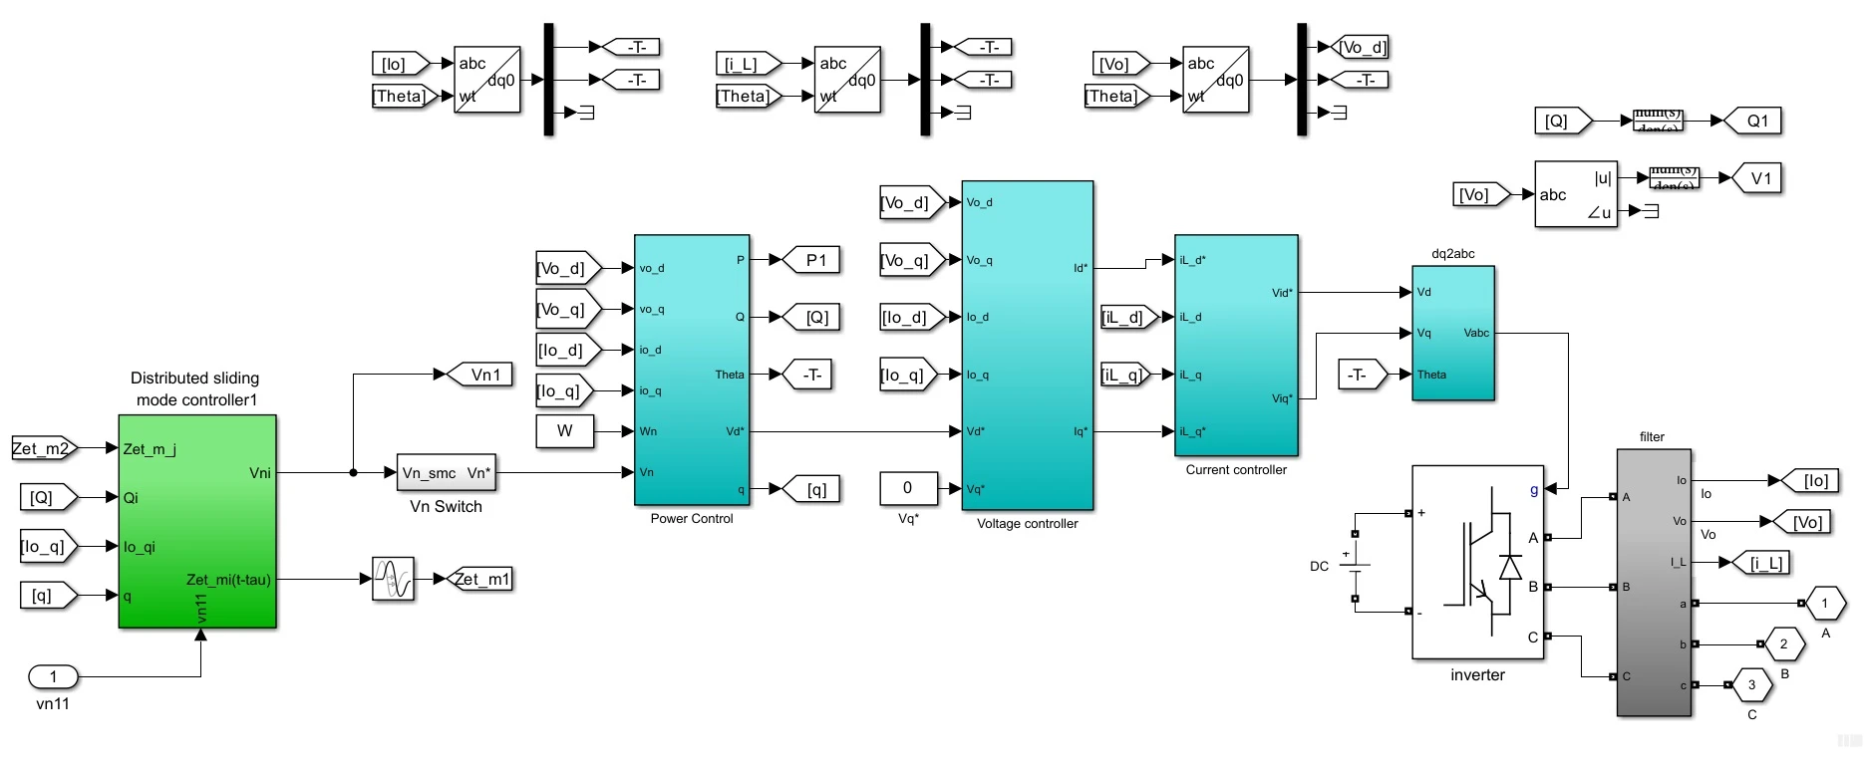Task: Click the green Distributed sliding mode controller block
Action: (196, 521)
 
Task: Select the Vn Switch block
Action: (446, 473)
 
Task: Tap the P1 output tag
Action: (811, 260)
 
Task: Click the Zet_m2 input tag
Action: (43, 448)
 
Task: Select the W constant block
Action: (564, 431)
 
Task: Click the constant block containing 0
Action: (907, 488)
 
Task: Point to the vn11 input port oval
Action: (53, 677)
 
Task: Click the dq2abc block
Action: (1452, 334)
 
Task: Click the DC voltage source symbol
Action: (1355, 566)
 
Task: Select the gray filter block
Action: (1653, 583)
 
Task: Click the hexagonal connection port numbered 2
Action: (1783, 644)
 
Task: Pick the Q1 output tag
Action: (1753, 121)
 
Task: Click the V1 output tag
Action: (1757, 178)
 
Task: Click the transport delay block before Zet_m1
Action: (393, 579)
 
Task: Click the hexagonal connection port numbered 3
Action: (1751, 685)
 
